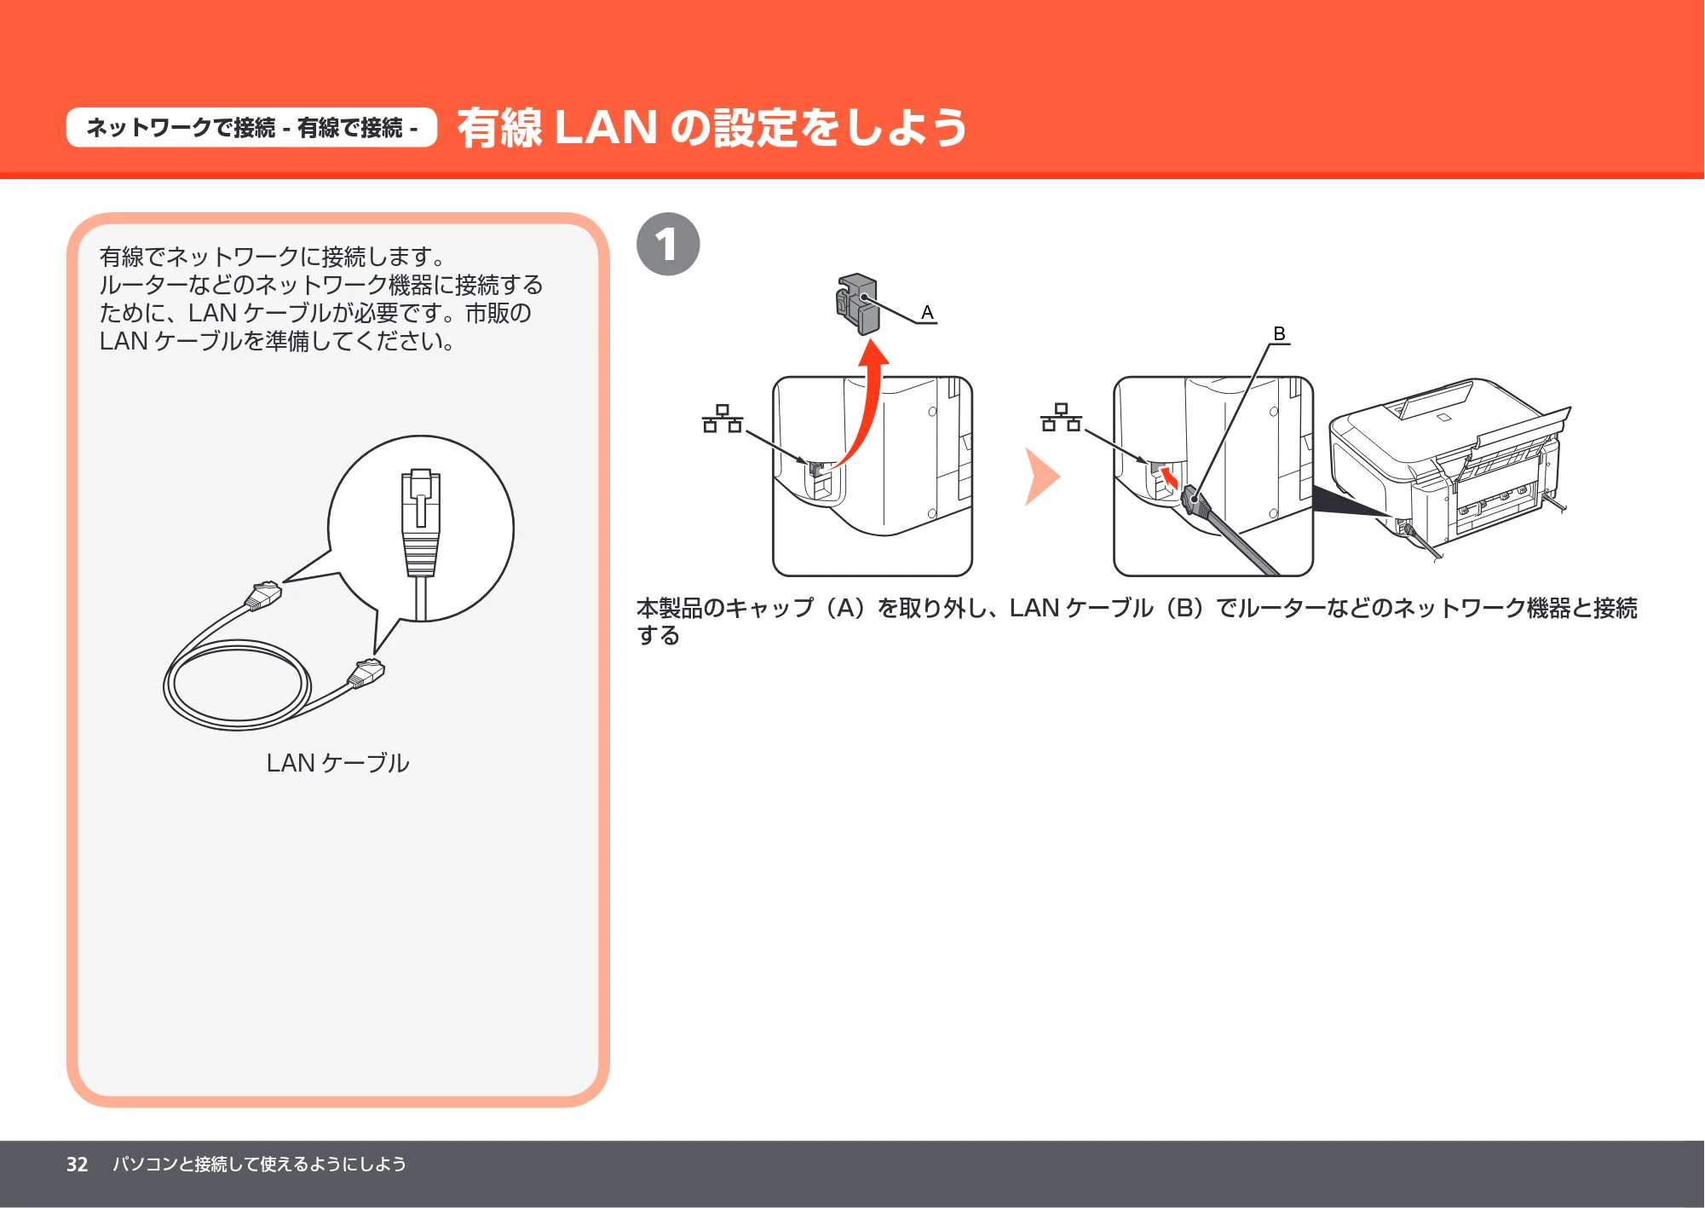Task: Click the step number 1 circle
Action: (x=668, y=244)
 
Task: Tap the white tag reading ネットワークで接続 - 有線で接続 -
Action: (x=251, y=128)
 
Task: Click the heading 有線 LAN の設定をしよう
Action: (x=711, y=128)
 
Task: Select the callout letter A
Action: (x=927, y=313)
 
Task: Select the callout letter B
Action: (x=1279, y=333)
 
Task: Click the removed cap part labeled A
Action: (x=857, y=303)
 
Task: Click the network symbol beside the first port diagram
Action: (x=723, y=419)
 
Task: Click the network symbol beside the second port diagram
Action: (x=1061, y=417)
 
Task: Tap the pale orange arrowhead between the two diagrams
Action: (x=1041, y=477)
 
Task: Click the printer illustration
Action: (x=1449, y=465)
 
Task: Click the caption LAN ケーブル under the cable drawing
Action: (x=337, y=763)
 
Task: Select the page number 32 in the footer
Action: (x=77, y=1165)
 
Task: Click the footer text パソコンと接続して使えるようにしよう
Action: (x=259, y=1165)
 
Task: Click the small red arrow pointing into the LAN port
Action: (x=1169, y=477)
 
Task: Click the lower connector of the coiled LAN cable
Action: (x=366, y=673)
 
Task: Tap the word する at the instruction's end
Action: (x=658, y=636)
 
